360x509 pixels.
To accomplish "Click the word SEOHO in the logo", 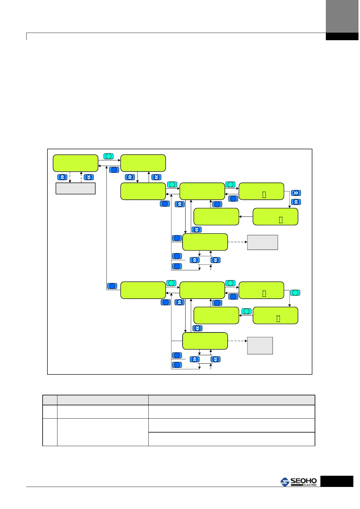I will coord(303,481).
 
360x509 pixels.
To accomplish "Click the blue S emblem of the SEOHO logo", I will coord(285,482).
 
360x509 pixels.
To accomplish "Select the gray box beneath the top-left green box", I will coord(76,188).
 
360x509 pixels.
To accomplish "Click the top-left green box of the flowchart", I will coord(76,163).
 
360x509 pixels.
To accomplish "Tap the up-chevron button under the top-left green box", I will coord(62,177).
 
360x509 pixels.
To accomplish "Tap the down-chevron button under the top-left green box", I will coord(89,177).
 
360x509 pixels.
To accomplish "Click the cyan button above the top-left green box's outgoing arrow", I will coord(109,156).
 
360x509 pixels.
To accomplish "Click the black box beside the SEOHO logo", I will coord(337,481).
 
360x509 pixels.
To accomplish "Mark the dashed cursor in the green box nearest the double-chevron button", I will coord(264,195).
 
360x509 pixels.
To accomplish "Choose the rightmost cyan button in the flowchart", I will coord(295,293).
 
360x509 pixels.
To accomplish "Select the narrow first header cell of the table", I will coord(50,400).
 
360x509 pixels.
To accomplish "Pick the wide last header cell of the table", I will coord(232,400).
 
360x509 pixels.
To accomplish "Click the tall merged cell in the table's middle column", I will coord(103,432).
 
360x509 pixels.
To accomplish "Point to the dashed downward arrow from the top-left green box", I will coord(70,177).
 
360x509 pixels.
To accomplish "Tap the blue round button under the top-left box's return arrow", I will coord(114,170).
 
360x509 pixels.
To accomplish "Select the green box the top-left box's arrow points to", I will coord(143,163).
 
